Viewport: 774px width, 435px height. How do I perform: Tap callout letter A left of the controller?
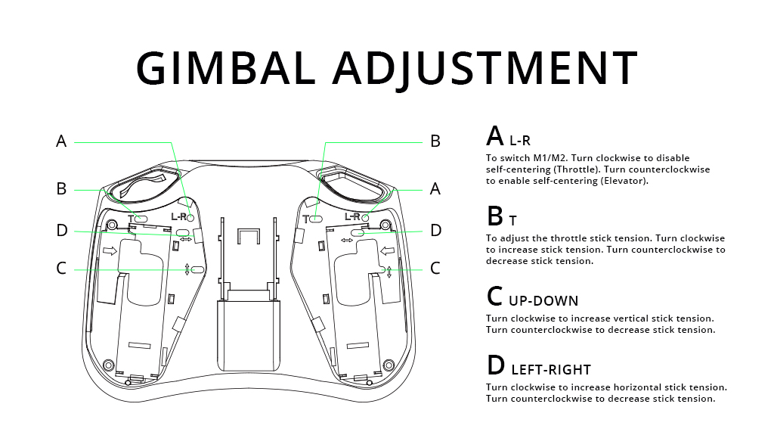pyautogui.click(x=61, y=141)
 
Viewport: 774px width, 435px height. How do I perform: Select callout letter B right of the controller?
pyautogui.click(x=435, y=141)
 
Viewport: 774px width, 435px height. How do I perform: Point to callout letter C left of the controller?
pyautogui.click(x=61, y=268)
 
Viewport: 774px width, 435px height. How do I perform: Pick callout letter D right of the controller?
pyautogui.click(x=435, y=230)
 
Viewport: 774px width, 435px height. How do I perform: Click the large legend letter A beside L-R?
pyautogui.click(x=495, y=136)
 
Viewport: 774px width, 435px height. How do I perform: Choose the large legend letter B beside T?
pyautogui.click(x=495, y=217)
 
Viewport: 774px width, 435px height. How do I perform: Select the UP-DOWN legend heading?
pyautogui.click(x=543, y=300)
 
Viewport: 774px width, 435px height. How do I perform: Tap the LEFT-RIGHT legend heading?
pyautogui.click(x=551, y=369)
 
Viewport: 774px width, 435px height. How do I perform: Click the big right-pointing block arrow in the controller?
pyautogui.click(x=110, y=251)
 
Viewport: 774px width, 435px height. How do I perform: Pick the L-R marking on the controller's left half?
pyautogui.click(x=178, y=217)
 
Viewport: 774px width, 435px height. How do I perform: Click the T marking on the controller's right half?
pyautogui.click(x=305, y=219)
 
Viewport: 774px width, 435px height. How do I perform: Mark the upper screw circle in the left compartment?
pyautogui.click(x=112, y=225)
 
